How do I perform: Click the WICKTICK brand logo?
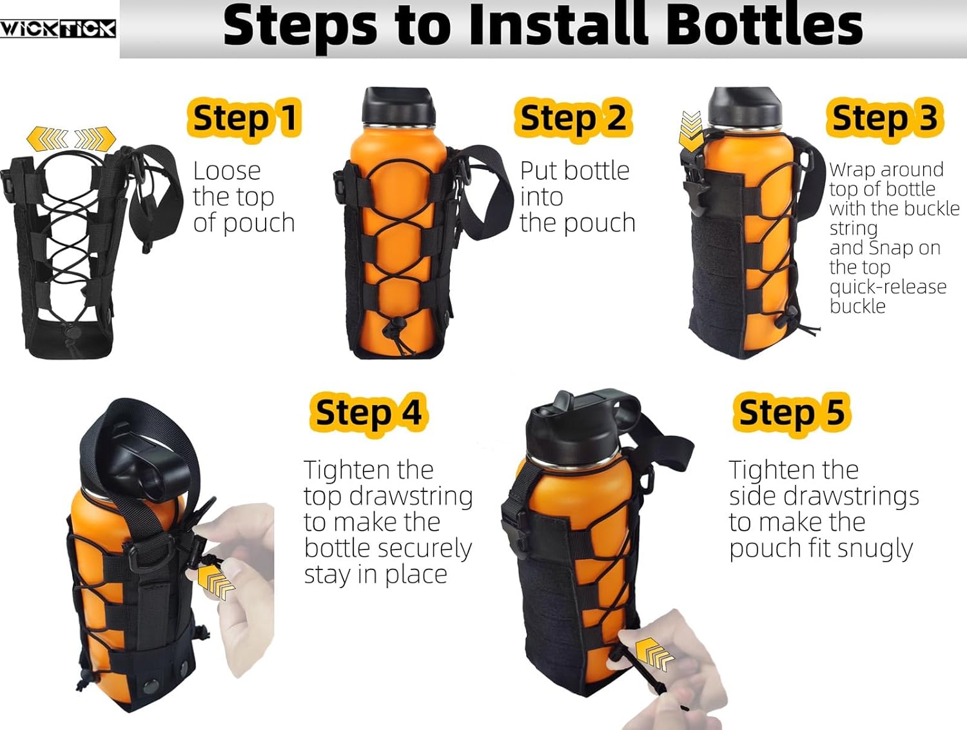(x=58, y=28)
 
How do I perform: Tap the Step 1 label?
(x=245, y=118)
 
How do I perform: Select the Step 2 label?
(x=573, y=118)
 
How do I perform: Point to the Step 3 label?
(x=884, y=118)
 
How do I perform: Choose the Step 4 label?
(x=368, y=413)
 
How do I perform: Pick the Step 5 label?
(x=792, y=413)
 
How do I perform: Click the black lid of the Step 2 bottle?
(x=398, y=106)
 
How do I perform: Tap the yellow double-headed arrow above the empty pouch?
(x=71, y=139)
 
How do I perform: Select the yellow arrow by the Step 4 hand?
(x=215, y=582)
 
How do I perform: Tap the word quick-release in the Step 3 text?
(x=888, y=287)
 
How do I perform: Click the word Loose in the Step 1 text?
(x=227, y=171)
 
